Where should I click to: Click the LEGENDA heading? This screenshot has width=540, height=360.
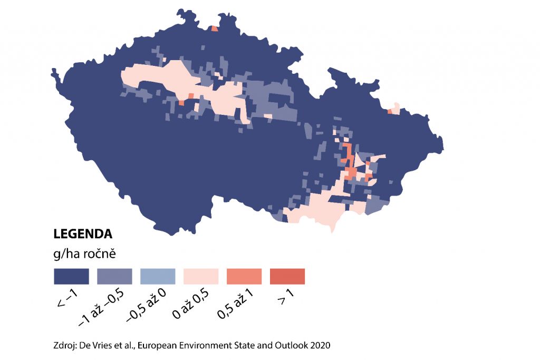82,233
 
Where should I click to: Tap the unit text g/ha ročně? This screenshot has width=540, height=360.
84,254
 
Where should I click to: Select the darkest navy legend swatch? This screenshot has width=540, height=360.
71,276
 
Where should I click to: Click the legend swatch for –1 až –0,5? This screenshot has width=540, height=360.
114,276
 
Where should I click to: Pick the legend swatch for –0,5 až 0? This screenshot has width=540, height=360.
158,276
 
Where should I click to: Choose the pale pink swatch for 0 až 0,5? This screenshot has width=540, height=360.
201,276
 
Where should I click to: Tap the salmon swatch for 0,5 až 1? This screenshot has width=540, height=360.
244,276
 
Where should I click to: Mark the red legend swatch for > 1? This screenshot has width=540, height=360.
287,276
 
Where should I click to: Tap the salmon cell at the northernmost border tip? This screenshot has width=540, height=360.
214,28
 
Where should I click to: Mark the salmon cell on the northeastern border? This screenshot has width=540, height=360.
390,111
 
